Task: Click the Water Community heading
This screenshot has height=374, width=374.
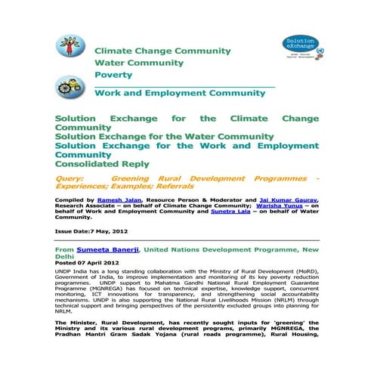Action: (x=138, y=63)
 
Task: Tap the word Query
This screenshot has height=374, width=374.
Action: (x=69, y=179)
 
